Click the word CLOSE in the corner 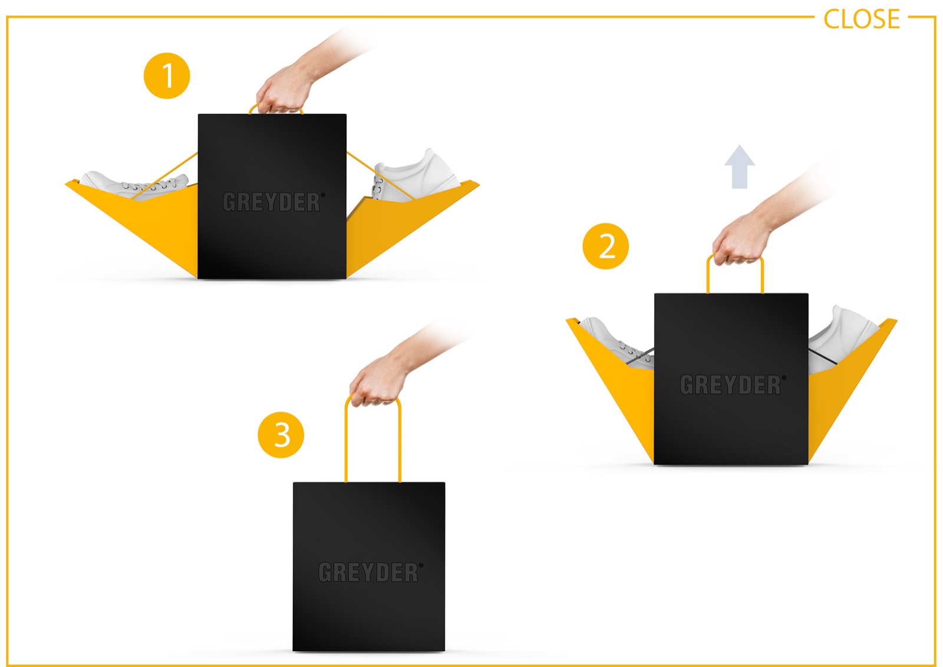click(861, 19)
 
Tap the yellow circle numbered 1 click(167, 76)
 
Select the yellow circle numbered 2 click(605, 246)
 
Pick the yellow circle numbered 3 click(281, 435)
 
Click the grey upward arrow click(739, 167)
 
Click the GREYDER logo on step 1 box click(273, 202)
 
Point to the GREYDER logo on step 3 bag click(371, 572)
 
